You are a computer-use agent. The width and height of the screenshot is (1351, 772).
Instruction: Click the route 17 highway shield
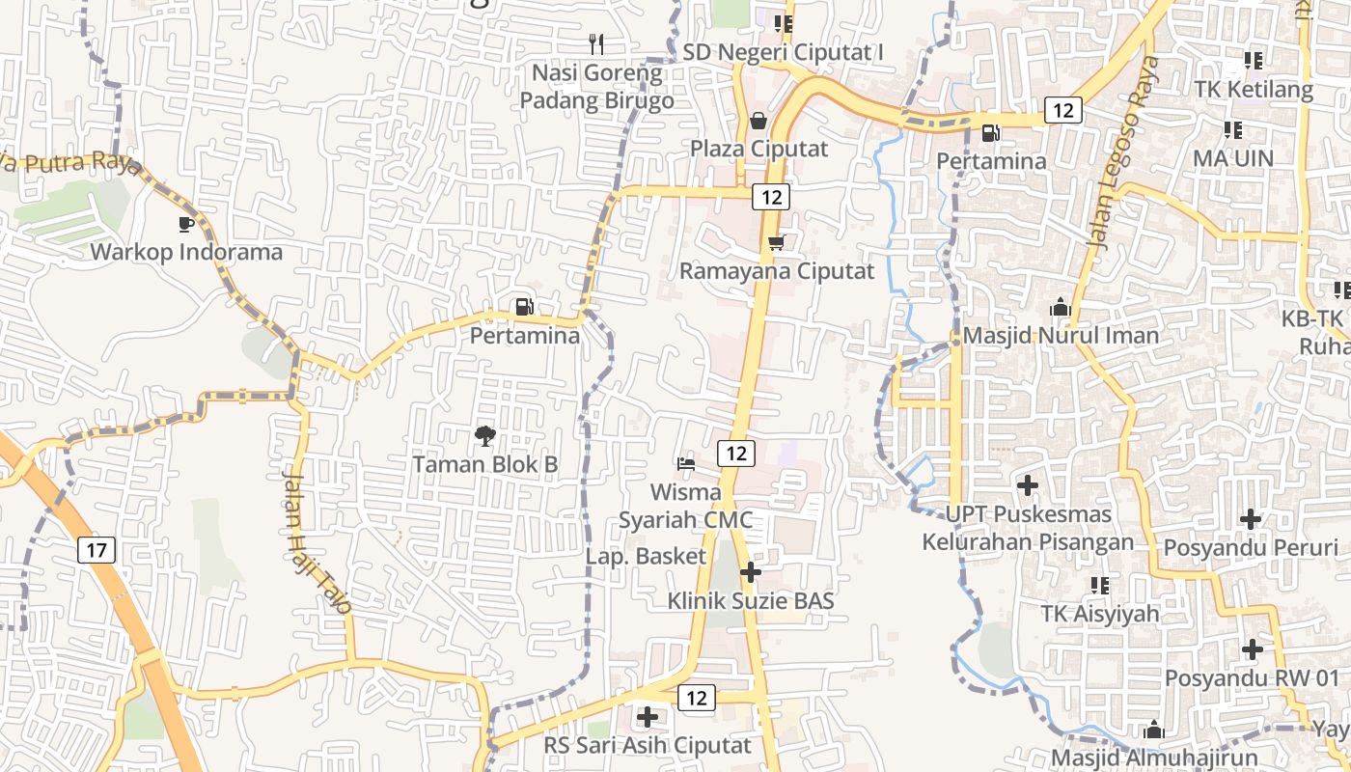click(96, 551)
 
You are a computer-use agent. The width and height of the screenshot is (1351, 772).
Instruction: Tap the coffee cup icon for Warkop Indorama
click(186, 224)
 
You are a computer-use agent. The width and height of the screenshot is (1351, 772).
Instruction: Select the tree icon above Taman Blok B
click(485, 436)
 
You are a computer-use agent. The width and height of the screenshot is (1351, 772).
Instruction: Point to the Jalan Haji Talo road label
click(317, 541)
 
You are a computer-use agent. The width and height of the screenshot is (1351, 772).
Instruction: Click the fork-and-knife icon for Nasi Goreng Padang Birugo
click(596, 43)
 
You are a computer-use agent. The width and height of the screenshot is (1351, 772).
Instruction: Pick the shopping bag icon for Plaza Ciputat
click(758, 121)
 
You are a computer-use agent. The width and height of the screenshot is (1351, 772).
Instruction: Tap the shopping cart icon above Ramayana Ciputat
click(776, 243)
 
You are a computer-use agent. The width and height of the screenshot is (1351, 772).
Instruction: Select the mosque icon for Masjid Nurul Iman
click(1061, 308)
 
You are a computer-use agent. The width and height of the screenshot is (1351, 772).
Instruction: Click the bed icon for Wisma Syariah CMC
click(686, 464)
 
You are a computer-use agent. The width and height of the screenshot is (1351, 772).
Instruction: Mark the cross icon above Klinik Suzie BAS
click(750, 572)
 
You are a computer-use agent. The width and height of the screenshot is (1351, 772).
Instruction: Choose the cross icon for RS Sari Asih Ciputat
click(648, 717)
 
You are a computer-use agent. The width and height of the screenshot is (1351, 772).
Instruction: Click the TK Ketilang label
click(1254, 90)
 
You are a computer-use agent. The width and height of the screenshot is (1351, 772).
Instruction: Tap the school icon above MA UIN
click(1232, 129)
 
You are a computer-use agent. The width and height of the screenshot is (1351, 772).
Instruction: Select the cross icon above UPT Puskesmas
click(1028, 484)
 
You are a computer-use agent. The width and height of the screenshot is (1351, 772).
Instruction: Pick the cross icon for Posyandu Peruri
click(1251, 519)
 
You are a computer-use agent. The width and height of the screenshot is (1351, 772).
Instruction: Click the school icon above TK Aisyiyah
click(1099, 585)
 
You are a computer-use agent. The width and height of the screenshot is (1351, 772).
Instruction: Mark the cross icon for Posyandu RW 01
click(1253, 649)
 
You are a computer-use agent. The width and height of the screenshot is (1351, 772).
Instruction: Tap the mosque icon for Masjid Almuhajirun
click(1153, 729)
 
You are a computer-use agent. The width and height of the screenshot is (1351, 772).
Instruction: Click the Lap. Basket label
click(646, 556)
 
